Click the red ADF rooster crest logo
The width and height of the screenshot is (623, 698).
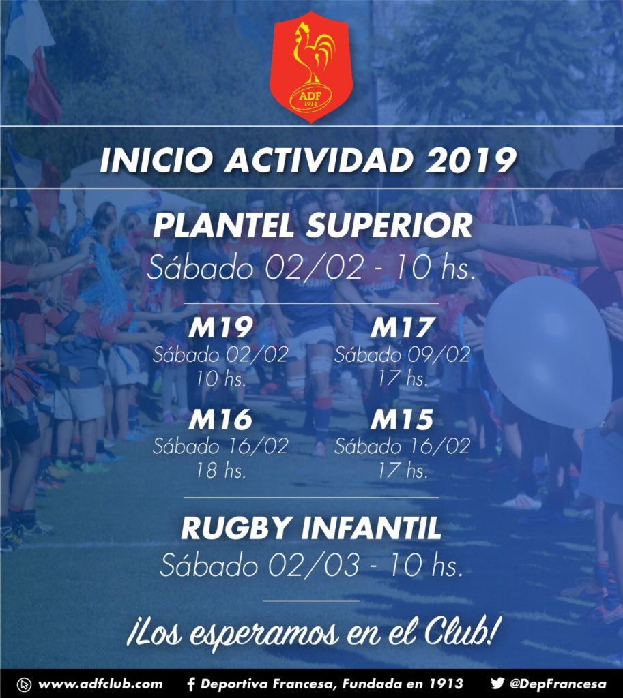click(x=311, y=67)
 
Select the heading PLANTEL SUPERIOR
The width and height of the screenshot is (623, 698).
click(x=312, y=226)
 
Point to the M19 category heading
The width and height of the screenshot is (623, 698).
click(x=220, y=329)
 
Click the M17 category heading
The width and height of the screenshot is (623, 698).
click(x=402, y=329)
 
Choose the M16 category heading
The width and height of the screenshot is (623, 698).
click(x=220, y=420)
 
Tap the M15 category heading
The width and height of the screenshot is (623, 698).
click(x=402, y=420)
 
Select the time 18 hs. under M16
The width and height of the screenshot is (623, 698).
click(x=220, y=470)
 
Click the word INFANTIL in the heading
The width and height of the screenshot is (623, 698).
click(x=371, y=528)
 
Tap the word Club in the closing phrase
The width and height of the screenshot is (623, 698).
click(x=459, y=631)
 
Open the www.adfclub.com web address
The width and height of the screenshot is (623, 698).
click(x=100, y=684)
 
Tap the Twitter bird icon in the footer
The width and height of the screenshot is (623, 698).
click(x=497, y=683)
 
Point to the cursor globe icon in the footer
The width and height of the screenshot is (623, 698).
click(x=24, y=684)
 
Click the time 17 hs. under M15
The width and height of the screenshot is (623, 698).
click(x=402, y=470)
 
